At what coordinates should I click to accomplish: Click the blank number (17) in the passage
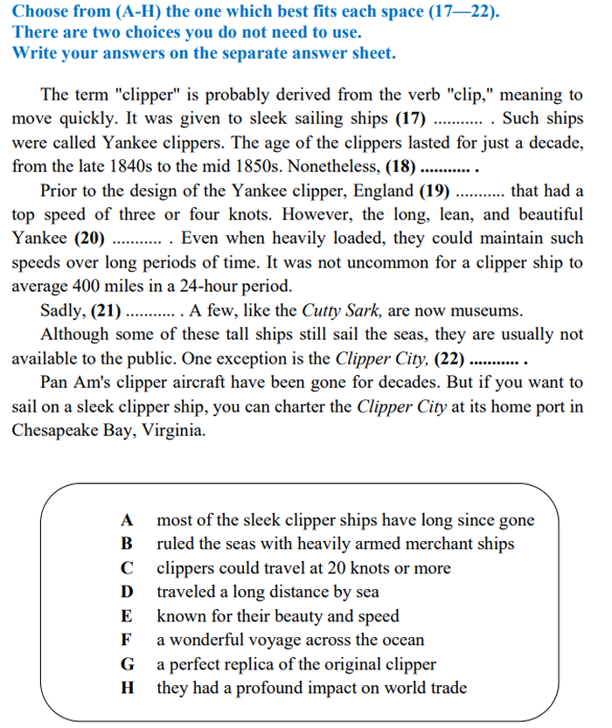tap(413, 119)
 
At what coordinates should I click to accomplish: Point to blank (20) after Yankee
tap(91, 238)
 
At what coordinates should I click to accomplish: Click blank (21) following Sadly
tap(107, 310)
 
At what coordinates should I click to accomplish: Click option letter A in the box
tap(127, 521)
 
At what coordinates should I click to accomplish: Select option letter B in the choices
tap(127, 544)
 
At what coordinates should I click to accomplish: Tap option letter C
tap(127, 569)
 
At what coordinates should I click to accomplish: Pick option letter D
tap(127, 593)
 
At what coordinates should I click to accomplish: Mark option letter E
tap(127, 616)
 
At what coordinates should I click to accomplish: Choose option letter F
tap(127, 641)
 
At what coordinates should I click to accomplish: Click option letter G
tap(127, 664)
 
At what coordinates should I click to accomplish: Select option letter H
tap(127, 688)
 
